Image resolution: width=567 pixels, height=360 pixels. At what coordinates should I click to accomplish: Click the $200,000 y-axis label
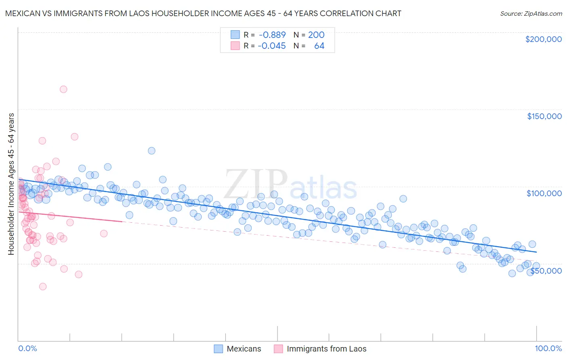click(x=543, y=39)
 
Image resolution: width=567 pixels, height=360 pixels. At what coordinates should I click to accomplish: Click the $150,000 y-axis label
click(x=544, y=116)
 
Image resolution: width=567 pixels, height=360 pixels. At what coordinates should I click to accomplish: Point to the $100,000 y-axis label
click(x=544, y=193)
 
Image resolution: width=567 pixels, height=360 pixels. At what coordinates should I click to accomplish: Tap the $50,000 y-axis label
click(x=546, y=271)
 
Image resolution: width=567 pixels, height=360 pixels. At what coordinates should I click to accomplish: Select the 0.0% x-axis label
click(x=27, y=348)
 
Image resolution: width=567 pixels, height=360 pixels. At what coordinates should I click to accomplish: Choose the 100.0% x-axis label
click(x=548, y=348)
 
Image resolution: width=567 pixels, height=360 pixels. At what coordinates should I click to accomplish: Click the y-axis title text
click(x=11, y=184)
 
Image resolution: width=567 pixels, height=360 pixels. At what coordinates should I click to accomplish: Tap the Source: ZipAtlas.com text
click(x=531, y=13)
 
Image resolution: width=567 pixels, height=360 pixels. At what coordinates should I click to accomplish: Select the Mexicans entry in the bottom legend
click(x=244, y=349)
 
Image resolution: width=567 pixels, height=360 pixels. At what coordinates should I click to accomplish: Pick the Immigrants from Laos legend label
click(x=326, y=349)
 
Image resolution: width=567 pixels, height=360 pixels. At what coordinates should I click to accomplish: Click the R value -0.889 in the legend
click(x=272, y=35)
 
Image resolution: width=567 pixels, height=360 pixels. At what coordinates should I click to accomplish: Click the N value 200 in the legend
click(x=316, y=35)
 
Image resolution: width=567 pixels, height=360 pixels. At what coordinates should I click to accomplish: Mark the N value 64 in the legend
click(x=319, y=46)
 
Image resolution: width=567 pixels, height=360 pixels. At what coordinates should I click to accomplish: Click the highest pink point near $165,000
click(x=63, y=89)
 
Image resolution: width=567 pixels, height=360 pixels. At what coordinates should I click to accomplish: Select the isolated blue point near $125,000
click(x=152, y=151)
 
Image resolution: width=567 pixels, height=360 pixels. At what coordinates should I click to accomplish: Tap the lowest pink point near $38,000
click(x=43, y=287)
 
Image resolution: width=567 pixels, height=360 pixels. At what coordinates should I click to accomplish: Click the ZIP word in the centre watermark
click(x=255, y=184)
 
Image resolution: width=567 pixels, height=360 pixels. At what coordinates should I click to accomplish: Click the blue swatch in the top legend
click(x=235, y=35)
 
